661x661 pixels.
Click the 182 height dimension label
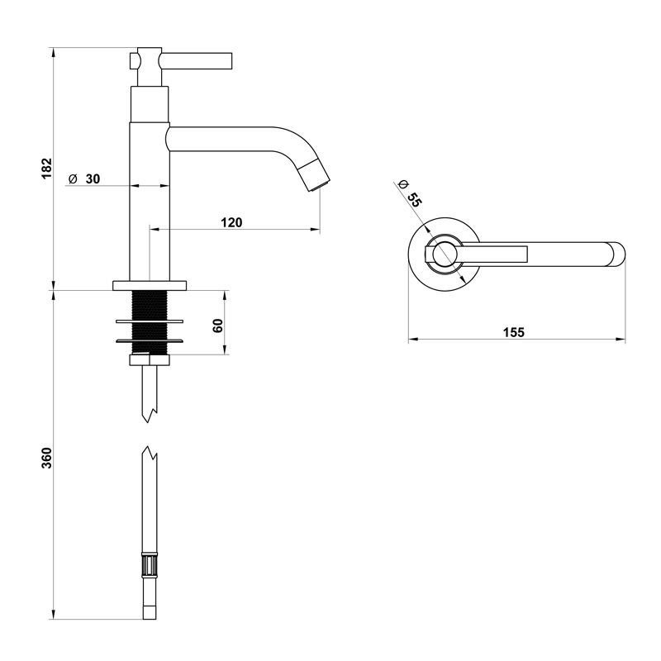[47, 168]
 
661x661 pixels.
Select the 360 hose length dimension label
[47, 456]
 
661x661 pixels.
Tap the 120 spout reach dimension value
[231, 221]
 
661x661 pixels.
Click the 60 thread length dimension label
[218, 324]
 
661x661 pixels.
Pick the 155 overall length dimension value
[513, 332]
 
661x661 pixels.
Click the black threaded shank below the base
[150, 323]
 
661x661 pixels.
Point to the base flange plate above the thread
[150, 285]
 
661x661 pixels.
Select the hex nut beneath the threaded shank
[150, 359]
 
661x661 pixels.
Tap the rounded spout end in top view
[616, 254]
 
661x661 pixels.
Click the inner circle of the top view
[445, 254]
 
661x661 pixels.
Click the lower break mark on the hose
[150, 454]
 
